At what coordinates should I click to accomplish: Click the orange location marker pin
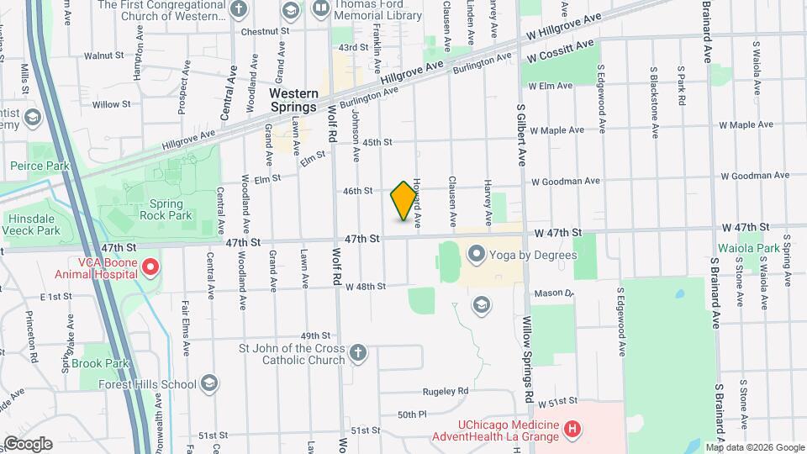[x=404, y=201]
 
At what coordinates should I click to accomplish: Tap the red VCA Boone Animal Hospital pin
[x=151, y=268]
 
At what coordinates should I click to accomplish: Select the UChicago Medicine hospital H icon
[x=572, y=430]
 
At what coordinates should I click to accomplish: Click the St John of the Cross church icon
[x=358, y=352]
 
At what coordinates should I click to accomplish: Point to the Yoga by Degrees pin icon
[x=477, y=253]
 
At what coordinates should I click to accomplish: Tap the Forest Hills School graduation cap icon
[x=209, y=384]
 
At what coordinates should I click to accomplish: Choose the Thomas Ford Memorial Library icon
[x=320, y=10]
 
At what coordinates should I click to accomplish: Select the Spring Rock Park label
[x=171, y=209]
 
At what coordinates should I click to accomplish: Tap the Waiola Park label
[x=748, y=249]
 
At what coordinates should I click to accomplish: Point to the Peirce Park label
[x=40, y=166]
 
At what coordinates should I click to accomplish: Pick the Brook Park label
[x=99, y=363]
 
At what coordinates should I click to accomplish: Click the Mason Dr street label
[x=556, y=293]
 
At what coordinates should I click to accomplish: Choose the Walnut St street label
[x=104, y=55]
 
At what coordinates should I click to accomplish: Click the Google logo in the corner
[x=28, y=443]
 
